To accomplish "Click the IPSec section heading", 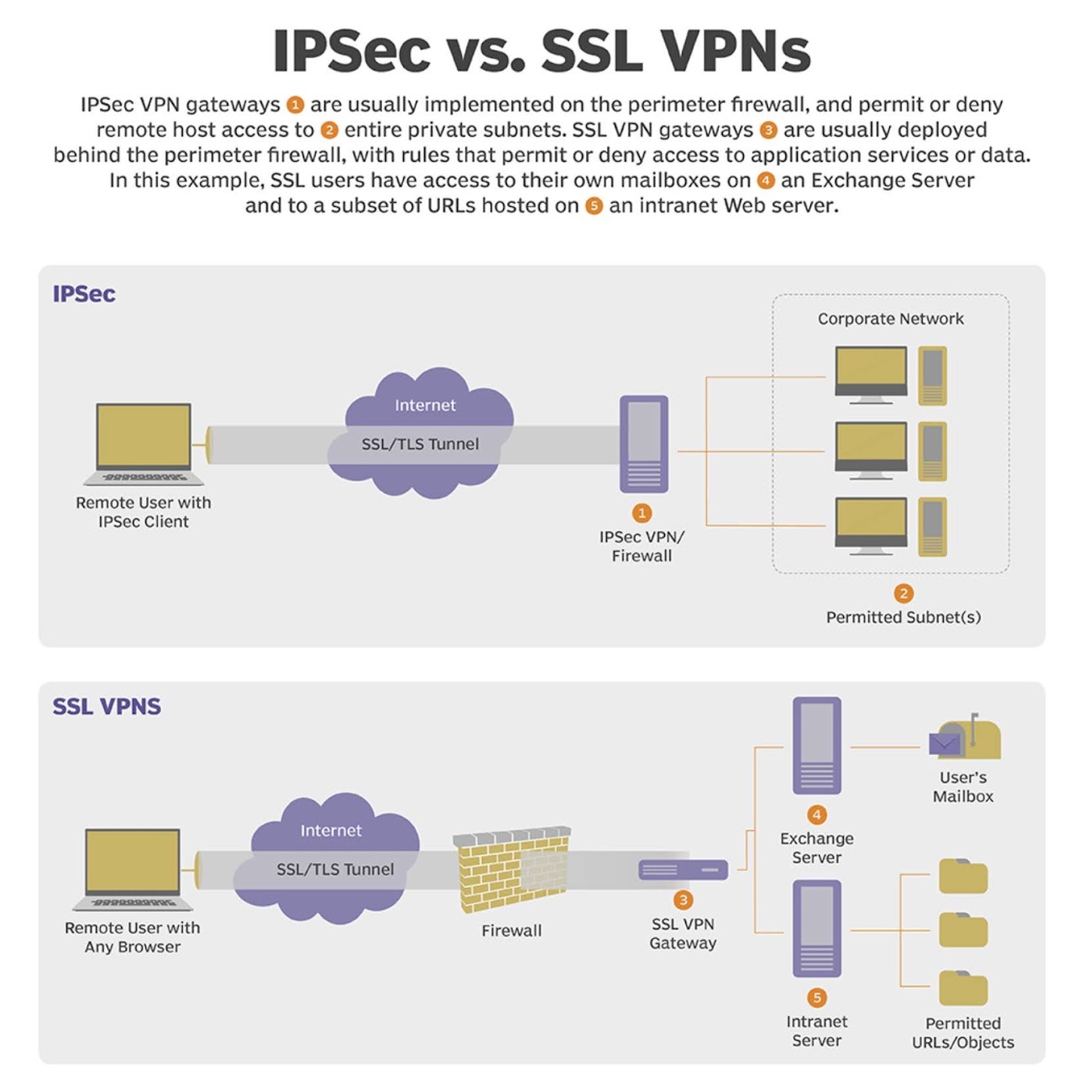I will coord(84,294).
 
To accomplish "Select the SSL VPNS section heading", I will coord(106,707).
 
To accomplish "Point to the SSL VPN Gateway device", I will coord(683,869).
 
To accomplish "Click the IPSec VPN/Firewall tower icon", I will coord(644,444).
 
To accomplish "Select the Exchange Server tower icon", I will coord(817,745).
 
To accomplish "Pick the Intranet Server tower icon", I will coord(817,928).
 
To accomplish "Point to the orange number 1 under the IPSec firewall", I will coord(641,513).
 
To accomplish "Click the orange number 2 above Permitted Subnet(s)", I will coord(903,593).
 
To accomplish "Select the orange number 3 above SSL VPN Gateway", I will coord(683,900).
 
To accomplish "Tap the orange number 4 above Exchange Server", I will coord(817,815).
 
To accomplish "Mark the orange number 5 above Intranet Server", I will coord(817,998).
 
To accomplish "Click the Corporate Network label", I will coord(891,319).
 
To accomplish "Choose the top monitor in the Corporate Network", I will coord(871,375).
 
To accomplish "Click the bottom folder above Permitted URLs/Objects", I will coord(963,989).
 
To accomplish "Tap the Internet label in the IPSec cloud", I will coord(425,405).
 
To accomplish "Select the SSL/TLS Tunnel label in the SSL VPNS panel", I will coord(335,869).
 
